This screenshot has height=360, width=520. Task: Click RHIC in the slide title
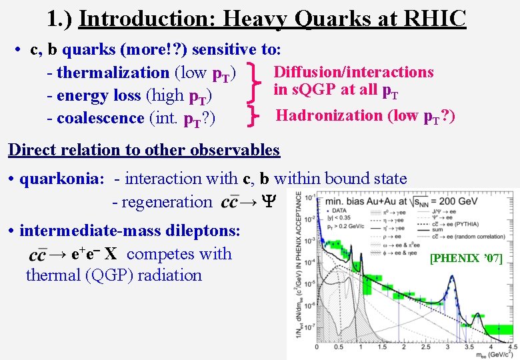coord(434,18)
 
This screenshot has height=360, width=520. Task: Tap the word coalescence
coord(101,118)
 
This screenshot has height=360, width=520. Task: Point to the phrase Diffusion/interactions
coord(354,72)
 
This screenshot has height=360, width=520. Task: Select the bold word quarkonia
coord(62,179)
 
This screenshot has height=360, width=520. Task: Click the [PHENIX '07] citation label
coord(466,258)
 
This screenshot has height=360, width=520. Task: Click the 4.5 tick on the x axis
coord(512,347)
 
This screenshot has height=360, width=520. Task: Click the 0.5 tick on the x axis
coord(340,347)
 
